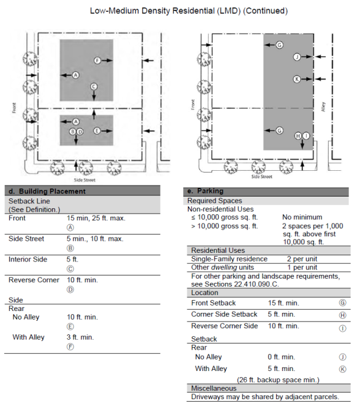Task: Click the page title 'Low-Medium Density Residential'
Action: [152, 11]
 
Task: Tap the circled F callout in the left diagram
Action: [97, 61]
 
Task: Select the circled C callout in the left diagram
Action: [94, 86]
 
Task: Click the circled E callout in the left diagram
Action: [97, 130]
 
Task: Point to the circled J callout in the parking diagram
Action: [297, 56]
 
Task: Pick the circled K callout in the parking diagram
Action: [297, 79]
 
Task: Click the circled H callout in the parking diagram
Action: [298, 136]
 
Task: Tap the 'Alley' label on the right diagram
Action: [323, 107]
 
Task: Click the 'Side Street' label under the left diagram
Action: [84, 180]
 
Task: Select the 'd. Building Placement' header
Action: [47, 191]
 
